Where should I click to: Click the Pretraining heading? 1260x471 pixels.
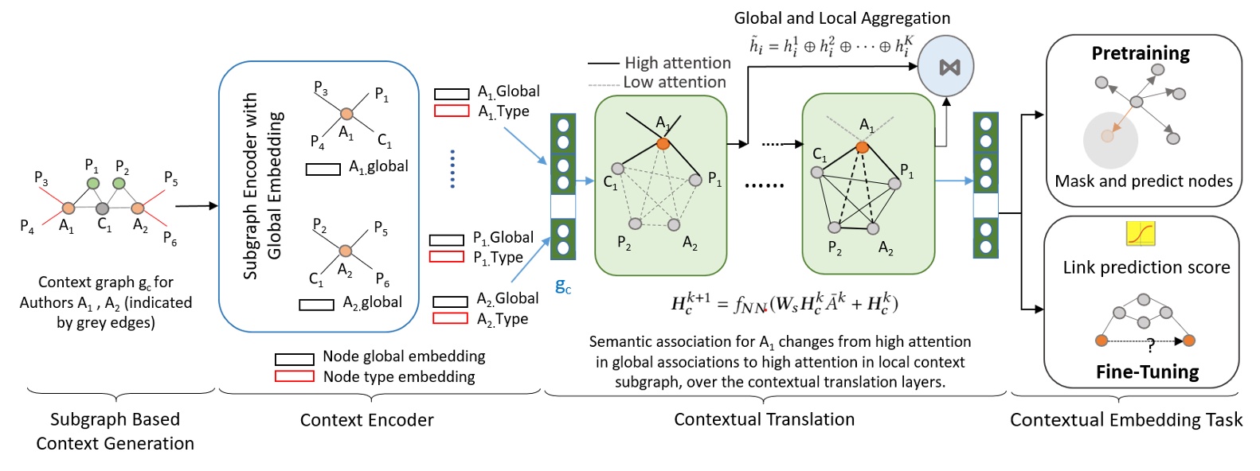point(1140,53)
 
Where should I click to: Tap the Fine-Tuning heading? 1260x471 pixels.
point(1147,372)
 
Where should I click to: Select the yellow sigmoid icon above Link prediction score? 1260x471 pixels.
point(1140,233)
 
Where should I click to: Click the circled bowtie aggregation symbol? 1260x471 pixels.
point(949,68)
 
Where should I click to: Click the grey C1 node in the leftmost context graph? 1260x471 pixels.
point(103,208)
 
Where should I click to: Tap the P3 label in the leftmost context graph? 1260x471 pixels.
point(41,177)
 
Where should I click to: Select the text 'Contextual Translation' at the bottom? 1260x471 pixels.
point(764,419)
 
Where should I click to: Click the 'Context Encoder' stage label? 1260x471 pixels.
point(366,420)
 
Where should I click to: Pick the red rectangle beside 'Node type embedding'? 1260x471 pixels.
point(294,376)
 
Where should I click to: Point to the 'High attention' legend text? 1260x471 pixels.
point(677,63)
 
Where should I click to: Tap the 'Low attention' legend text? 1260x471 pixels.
point(674,82)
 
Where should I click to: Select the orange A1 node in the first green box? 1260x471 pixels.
point(663,144)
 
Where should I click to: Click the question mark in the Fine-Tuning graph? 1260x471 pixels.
point(1150,345)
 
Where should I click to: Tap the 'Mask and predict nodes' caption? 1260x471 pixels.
point(1143,181)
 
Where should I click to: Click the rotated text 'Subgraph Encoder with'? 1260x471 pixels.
point(250,185)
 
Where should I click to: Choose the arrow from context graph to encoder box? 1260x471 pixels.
point(196,206)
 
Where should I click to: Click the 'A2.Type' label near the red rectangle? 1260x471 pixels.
point(503,319)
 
